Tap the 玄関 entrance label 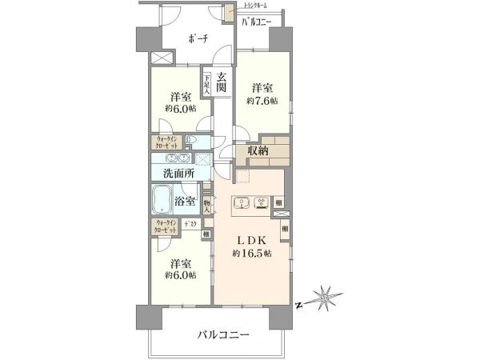pyautogui.click(x=221, y=81)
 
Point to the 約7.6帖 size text pyautogui.click(x=262, y=101)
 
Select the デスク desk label pyautogui.click(x=190, y=225)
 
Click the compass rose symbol pyautogui.click(x=324, y=298)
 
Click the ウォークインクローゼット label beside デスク pyautogui.click(x=166, y=226)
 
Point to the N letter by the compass pyautogui.click(x=296, y=305)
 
